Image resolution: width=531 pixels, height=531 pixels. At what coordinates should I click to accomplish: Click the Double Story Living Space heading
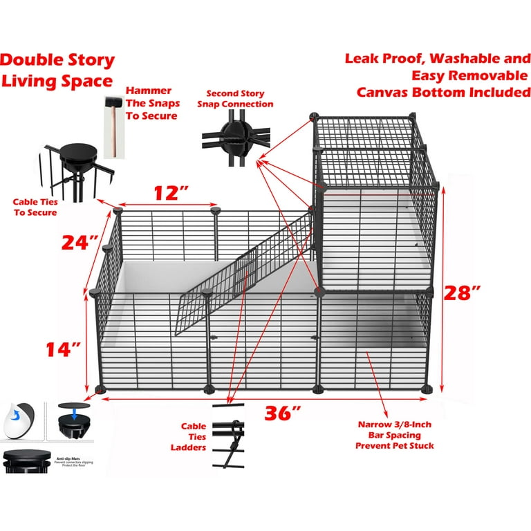pos(57,71)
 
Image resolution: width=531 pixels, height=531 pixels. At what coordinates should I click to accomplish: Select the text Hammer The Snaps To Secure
pos(152,104)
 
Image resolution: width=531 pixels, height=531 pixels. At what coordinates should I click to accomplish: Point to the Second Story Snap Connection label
pos(235,99)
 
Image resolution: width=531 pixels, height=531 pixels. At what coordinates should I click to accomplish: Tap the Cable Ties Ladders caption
pos(193,437)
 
